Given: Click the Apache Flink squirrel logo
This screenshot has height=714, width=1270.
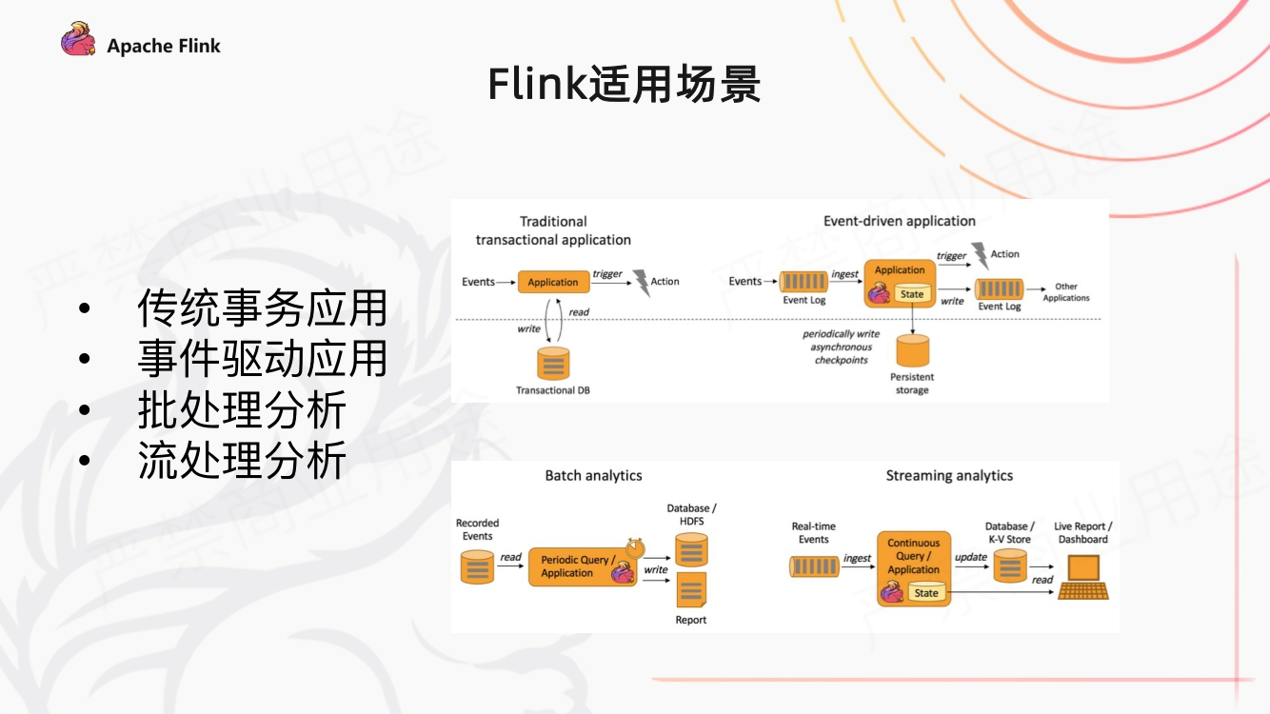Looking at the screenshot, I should click(78, 40).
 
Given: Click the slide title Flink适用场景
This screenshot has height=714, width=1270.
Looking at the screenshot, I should click(624, 85).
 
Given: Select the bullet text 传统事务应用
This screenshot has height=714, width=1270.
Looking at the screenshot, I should click(263, 308).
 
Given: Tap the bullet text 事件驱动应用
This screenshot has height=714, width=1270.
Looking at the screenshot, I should click(263, 359).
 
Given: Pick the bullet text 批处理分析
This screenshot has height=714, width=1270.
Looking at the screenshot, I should click(242, 410).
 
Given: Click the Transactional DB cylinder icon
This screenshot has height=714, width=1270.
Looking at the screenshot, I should click(552, 364).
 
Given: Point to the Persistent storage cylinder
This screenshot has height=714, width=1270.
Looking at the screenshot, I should click(912, 351).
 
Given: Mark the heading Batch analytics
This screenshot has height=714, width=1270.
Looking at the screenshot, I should click(593, 475).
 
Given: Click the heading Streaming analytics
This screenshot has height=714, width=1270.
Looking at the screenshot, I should click(949, 475).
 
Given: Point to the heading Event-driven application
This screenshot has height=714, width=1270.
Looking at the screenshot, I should click(899, 221).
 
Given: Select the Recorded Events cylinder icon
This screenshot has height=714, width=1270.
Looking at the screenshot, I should click(477, 567).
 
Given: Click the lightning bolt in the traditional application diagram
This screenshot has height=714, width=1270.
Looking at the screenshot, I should click(642, 283).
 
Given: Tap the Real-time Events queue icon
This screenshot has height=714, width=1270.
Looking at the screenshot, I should click(814, 566).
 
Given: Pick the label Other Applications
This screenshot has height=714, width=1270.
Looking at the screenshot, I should click(1066, 292).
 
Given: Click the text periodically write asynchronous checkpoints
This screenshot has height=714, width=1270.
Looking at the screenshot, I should click(841, 347).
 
